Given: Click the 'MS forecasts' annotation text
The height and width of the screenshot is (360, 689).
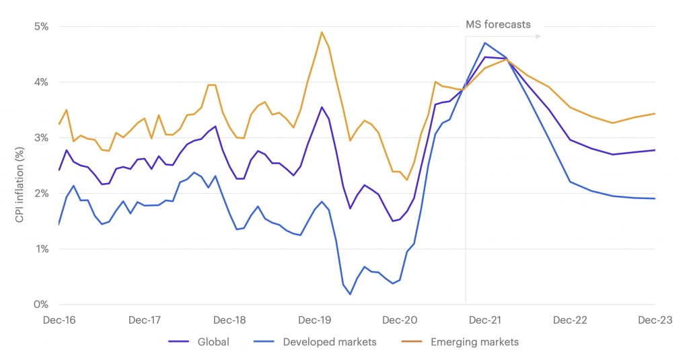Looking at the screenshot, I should coord(498,25).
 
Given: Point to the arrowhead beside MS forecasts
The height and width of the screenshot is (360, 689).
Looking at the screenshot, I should coord(538,36).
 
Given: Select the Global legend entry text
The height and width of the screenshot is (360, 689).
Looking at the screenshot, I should coord(213,342).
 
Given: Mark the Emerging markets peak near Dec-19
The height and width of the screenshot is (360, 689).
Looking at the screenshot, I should coord(322,32).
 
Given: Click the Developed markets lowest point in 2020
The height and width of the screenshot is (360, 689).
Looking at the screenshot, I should coord(350,294).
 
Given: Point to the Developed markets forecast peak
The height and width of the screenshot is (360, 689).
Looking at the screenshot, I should coord(484,43).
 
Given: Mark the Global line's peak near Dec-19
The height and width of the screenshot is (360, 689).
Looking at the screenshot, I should coord(322,107).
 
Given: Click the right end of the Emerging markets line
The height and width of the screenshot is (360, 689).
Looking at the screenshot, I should coord(655,114).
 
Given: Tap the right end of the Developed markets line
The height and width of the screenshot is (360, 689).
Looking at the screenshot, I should coord(655,199).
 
